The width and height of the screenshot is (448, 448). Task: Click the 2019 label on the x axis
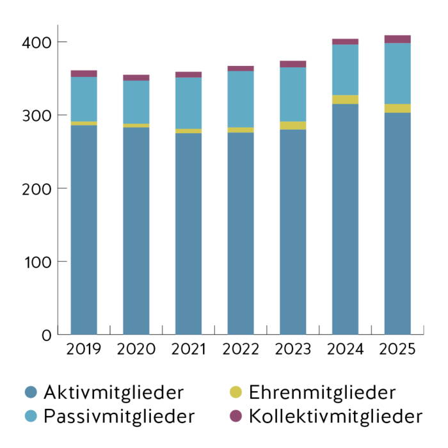[x=84, y=349]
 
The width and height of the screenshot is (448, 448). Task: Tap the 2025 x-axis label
[x=397, y=349]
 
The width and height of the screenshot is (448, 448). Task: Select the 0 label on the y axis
[x=45, y=335]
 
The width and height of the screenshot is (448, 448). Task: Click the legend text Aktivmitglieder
[x=113, y=392]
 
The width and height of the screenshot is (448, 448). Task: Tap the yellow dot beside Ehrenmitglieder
[x=236, y=392]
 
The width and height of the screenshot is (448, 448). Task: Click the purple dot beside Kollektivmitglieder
[x=236, y=417]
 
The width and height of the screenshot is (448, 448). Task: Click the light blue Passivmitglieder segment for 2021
[x=188, y=103]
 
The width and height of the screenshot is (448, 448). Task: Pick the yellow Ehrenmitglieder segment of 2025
[x=397, y=108]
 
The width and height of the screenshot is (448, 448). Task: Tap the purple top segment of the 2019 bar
[x=84, y=74]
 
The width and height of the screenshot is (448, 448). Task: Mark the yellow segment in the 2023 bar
[x=293, y=125]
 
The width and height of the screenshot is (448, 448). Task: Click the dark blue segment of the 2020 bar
[x=136, y=230]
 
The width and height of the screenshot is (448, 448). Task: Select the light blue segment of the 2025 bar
[x=397, y=74]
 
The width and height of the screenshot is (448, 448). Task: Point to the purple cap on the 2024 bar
[x=345, y=42]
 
